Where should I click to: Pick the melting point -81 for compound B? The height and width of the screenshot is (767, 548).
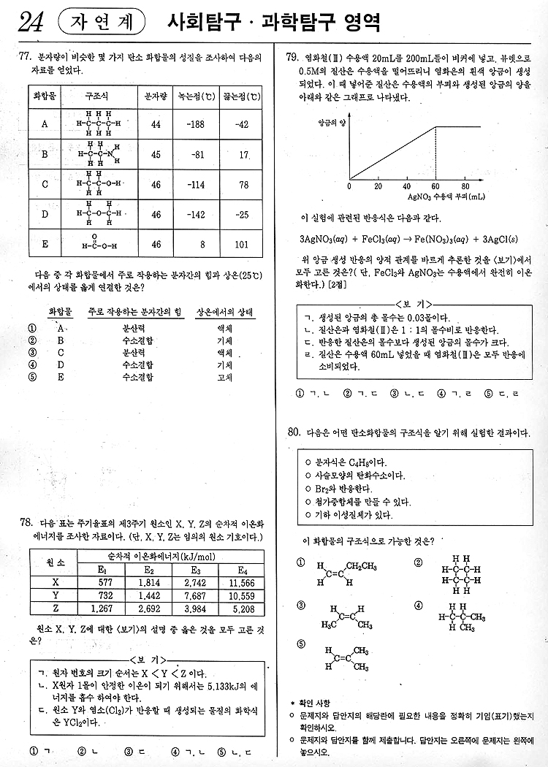coord(196,154)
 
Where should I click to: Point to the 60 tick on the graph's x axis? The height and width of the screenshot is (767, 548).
coord(435,186)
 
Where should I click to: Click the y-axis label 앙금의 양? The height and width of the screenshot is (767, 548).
coord(332,123)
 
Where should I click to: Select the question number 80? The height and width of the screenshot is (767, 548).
coord(294,433)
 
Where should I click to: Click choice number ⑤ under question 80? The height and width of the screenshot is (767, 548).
coord(301,644)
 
